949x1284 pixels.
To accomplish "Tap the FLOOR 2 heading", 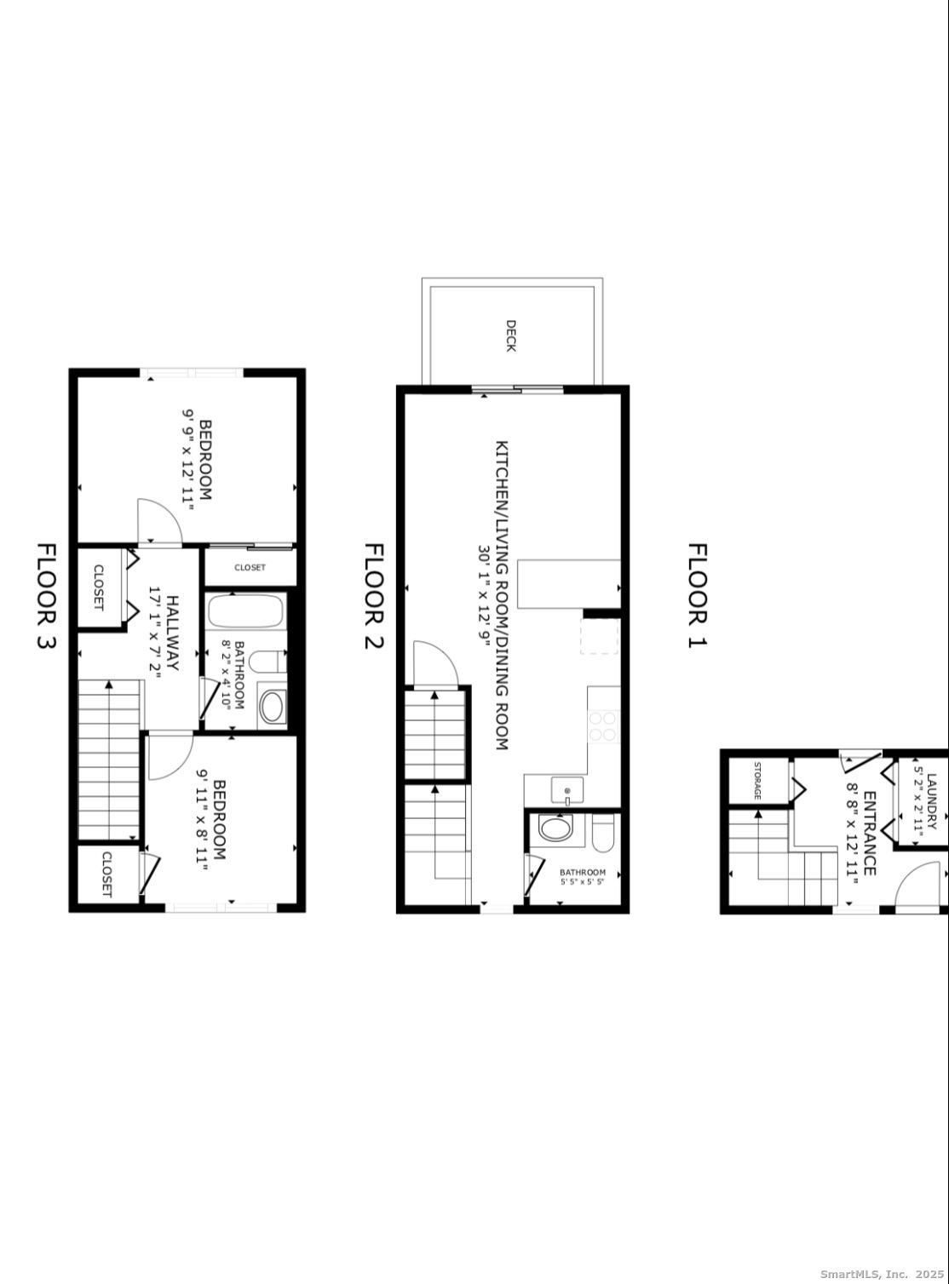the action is [374, 596].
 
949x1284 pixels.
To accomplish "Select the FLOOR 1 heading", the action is [698, 596].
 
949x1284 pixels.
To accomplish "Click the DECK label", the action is [510, 335].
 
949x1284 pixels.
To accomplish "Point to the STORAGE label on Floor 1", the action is [756, 781].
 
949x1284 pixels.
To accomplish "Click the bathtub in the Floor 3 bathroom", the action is [245, 611].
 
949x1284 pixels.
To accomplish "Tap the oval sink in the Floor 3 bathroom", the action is [272, 706].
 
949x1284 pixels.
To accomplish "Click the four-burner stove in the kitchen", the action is [604, 726].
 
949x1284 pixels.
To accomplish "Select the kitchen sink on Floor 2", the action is [567, 790].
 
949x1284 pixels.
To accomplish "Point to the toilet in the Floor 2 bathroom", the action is [602, 833].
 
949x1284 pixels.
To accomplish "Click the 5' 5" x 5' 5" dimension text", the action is [582, 882].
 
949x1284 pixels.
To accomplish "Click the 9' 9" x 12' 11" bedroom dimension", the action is [188, 460].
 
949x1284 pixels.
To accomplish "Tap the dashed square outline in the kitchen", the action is [600, 636].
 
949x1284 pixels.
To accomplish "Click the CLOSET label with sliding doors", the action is [250, 567].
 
